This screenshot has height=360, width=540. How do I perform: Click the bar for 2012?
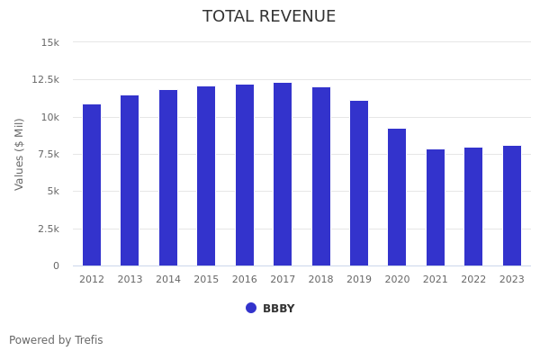point(92,185)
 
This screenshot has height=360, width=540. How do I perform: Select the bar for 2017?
point(283,175)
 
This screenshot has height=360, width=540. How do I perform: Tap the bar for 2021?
point(436,208)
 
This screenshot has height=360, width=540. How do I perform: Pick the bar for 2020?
point(397,197)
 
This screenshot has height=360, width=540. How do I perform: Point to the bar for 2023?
point(512,206)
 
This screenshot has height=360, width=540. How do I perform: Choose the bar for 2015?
point(206,176)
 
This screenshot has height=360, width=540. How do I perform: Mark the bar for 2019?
point(359,184)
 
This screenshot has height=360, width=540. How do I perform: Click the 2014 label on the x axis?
point(168,280)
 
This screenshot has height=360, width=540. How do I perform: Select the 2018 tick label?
point(321,280)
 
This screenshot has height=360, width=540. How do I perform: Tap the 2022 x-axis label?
point(473,280)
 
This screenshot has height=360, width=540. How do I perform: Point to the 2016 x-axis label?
point(245,280)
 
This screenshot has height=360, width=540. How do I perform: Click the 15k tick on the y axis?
point(50,42)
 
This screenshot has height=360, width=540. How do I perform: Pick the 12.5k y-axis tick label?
point(45,80)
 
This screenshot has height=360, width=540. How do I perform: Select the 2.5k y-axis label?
point(48,229)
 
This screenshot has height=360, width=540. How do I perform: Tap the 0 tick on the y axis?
point(56,266)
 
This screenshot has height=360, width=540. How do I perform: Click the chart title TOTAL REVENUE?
point(269,17)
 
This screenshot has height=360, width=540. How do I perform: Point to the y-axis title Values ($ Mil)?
point(20,154)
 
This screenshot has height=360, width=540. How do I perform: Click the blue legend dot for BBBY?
point(251,308)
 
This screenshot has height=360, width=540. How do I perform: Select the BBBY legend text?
point(278,309)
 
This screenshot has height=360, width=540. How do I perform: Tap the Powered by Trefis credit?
point(56,340)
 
